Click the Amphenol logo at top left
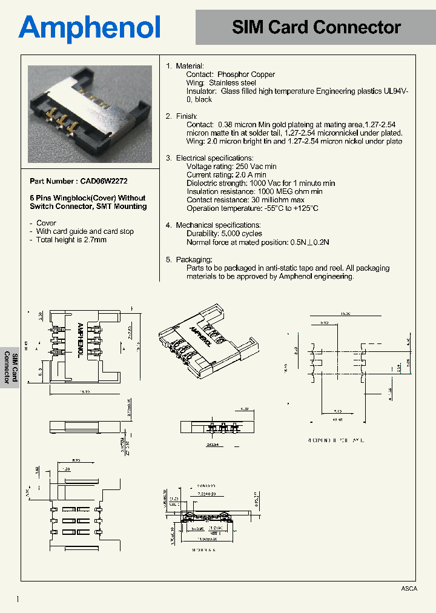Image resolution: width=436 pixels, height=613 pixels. pyautogui.click(x=90, y=28)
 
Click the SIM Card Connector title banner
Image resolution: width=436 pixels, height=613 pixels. pyautogui.click(x=316, y=27)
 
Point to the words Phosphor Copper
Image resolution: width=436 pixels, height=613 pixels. pyautogui.click(x=246, y=75)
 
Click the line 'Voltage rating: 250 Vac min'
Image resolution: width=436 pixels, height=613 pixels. pyautogui.click(x=231, y=166)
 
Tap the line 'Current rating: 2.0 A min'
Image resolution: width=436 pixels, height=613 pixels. pyautogui.click(x=226, y=174)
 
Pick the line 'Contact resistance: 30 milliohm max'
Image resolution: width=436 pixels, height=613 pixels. pyautogui.click(x=245, y=200)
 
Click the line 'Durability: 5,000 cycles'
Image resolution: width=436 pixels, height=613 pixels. pyautogui.click(x=224, y=233)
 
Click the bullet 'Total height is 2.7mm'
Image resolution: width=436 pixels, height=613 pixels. pyautogui.click(x=71, y=240)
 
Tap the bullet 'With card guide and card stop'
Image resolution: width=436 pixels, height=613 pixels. pyautogui.click(x=85, y=231)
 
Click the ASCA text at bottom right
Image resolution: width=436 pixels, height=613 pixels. pyautogui.click(x=409, y=589)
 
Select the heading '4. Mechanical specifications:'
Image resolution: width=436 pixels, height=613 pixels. pyautogui.click(x=213, y=225)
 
